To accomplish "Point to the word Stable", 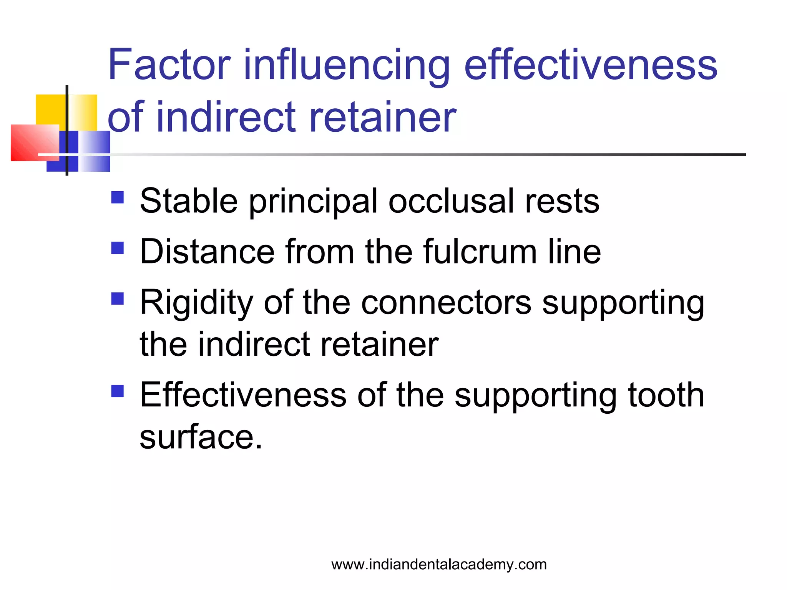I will coord(189,201).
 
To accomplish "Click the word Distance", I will coord(207,252).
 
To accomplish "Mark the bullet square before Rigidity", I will coord(118,298).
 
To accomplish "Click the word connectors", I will coord(446,303).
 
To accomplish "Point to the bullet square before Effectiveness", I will coord(118,391).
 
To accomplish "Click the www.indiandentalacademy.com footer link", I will coord(439,564).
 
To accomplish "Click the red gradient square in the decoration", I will coord(31,144).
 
